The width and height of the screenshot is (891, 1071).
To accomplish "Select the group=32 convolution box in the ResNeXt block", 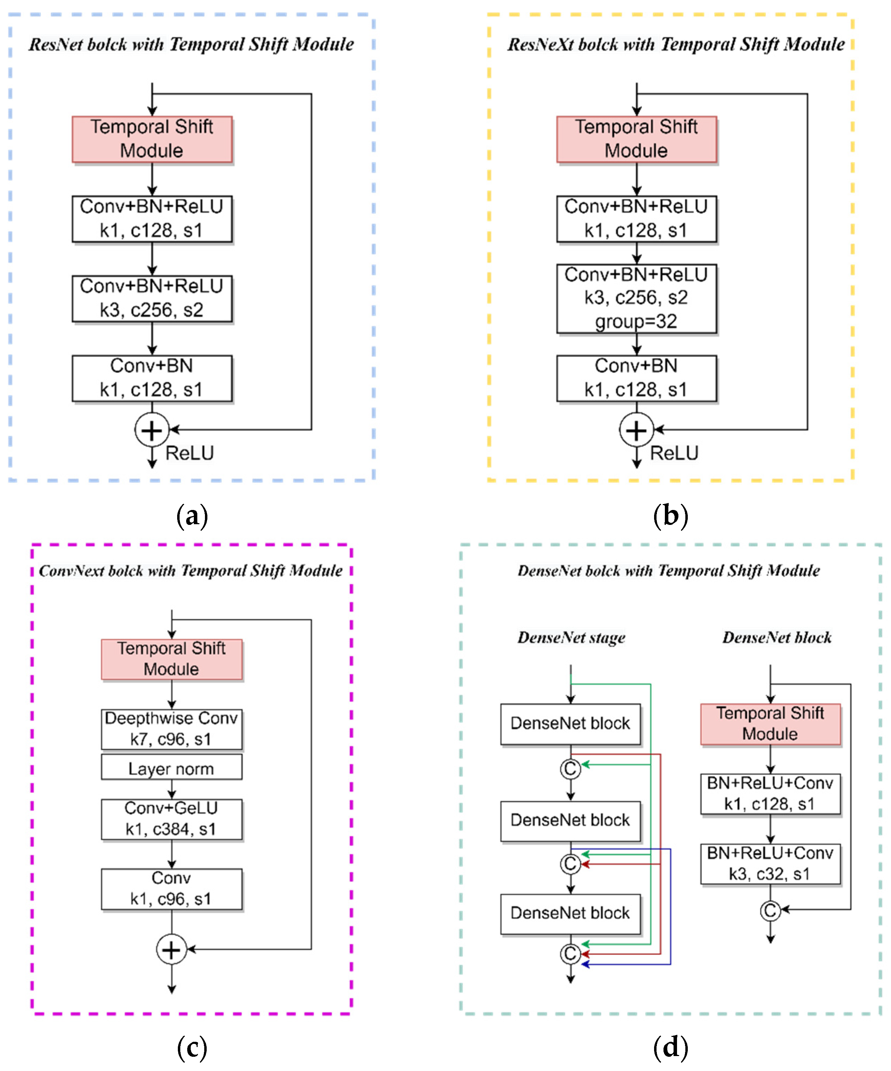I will click(636, 298).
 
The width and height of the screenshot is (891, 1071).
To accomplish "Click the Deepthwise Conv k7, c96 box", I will click(171, 729).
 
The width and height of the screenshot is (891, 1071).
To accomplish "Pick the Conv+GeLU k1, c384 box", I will click(171, 819).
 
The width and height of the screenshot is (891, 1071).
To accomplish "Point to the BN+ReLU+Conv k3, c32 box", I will click(770, 863).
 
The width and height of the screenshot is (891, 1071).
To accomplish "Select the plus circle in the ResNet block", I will click(152, 430).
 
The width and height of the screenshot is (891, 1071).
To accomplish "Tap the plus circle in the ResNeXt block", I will click(636, 430).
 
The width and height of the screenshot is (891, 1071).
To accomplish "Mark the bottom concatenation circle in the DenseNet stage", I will click(570, 953).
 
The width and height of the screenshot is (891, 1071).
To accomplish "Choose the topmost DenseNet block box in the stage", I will click(570, 724).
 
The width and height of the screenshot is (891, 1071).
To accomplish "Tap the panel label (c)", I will click(192, 1048).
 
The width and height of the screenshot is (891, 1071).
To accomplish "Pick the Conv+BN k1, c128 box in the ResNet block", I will click(152, 378).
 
